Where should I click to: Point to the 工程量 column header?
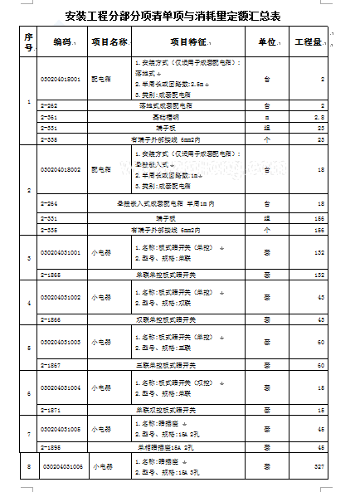309,41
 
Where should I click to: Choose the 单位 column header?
267,41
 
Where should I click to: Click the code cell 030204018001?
61,79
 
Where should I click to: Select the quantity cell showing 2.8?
319,118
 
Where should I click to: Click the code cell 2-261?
50,118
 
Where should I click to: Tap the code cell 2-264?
50,203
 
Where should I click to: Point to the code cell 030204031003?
61,342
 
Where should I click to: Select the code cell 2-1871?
51,410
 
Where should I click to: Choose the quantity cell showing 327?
318,467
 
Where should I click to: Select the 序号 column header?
29,41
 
